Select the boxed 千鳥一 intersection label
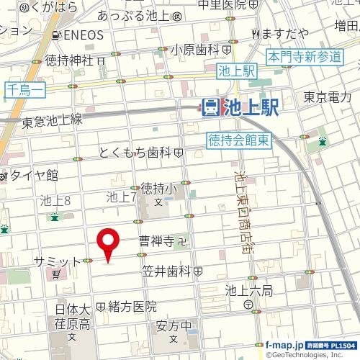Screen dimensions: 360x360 click(x=26, y=89)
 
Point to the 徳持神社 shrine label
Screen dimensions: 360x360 click(x=69, y=60)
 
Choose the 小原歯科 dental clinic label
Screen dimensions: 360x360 click(x=195, y=50)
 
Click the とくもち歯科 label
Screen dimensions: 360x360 click(x=135, y=153)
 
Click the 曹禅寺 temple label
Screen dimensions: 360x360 click(x=157, y=241)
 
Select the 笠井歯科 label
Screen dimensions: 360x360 click(x=166, y=271)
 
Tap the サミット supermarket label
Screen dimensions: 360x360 click(x=56, y=260)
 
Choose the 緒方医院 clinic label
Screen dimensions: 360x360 click(x=132, y=306)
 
